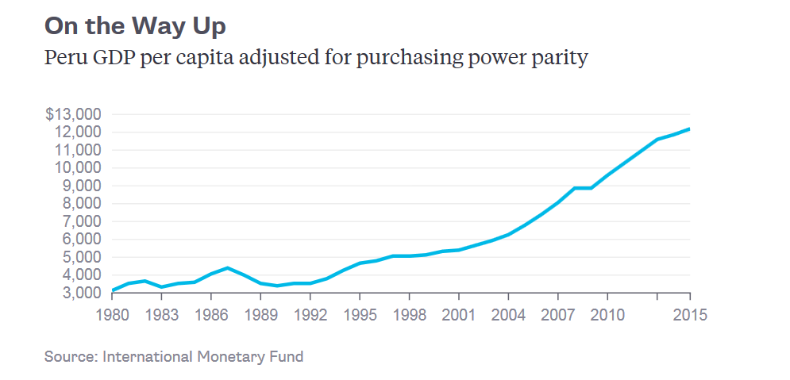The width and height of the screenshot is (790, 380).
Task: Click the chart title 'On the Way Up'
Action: (x=135, y=26)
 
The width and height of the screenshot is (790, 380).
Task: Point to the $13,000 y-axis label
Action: (x=73, y=114)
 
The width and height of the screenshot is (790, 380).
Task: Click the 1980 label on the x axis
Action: (x=112, y=314)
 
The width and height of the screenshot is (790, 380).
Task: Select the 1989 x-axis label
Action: (x=260, y=314)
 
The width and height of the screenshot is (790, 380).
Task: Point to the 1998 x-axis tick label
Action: (x=409, y=314)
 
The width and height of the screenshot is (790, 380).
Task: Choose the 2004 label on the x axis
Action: (x=508, y=314)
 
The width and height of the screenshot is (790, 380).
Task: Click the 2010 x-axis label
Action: (x=607, y=314)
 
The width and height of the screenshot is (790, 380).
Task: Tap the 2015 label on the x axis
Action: (x=689, y=314)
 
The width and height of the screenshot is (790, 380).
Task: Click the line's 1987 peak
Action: (x=227, y=268)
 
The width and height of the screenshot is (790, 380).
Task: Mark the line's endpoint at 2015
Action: (x=689, y=129)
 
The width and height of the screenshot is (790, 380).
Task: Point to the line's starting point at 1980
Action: (x=112, y=290)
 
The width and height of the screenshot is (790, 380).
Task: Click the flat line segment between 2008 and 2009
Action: (x=582, y=188)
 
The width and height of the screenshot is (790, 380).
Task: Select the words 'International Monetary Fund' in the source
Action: (x=202, y=356)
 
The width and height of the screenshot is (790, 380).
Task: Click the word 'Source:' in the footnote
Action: (x=71, y=356)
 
